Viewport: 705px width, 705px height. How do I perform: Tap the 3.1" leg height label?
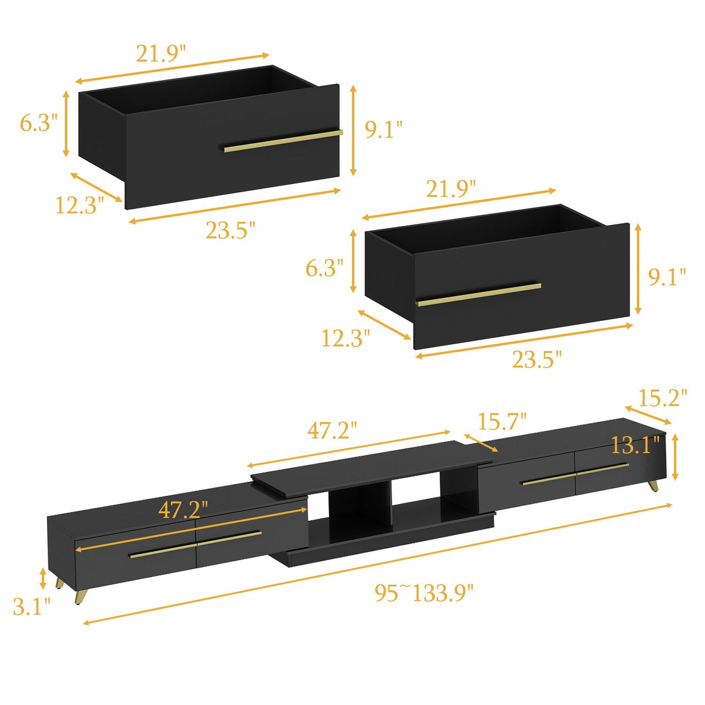[x=32, y=617]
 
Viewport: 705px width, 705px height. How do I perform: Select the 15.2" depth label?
[x=663, y=398]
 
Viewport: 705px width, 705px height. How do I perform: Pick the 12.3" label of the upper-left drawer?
[x=80, y=204]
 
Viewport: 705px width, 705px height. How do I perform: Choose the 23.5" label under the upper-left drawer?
[x=230, y=230]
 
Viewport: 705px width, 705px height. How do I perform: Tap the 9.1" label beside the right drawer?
[x=667, y=277]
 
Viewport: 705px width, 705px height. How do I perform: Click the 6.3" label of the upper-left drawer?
[x=39, y=122]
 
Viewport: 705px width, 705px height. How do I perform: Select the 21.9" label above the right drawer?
[x=451, y=189]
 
